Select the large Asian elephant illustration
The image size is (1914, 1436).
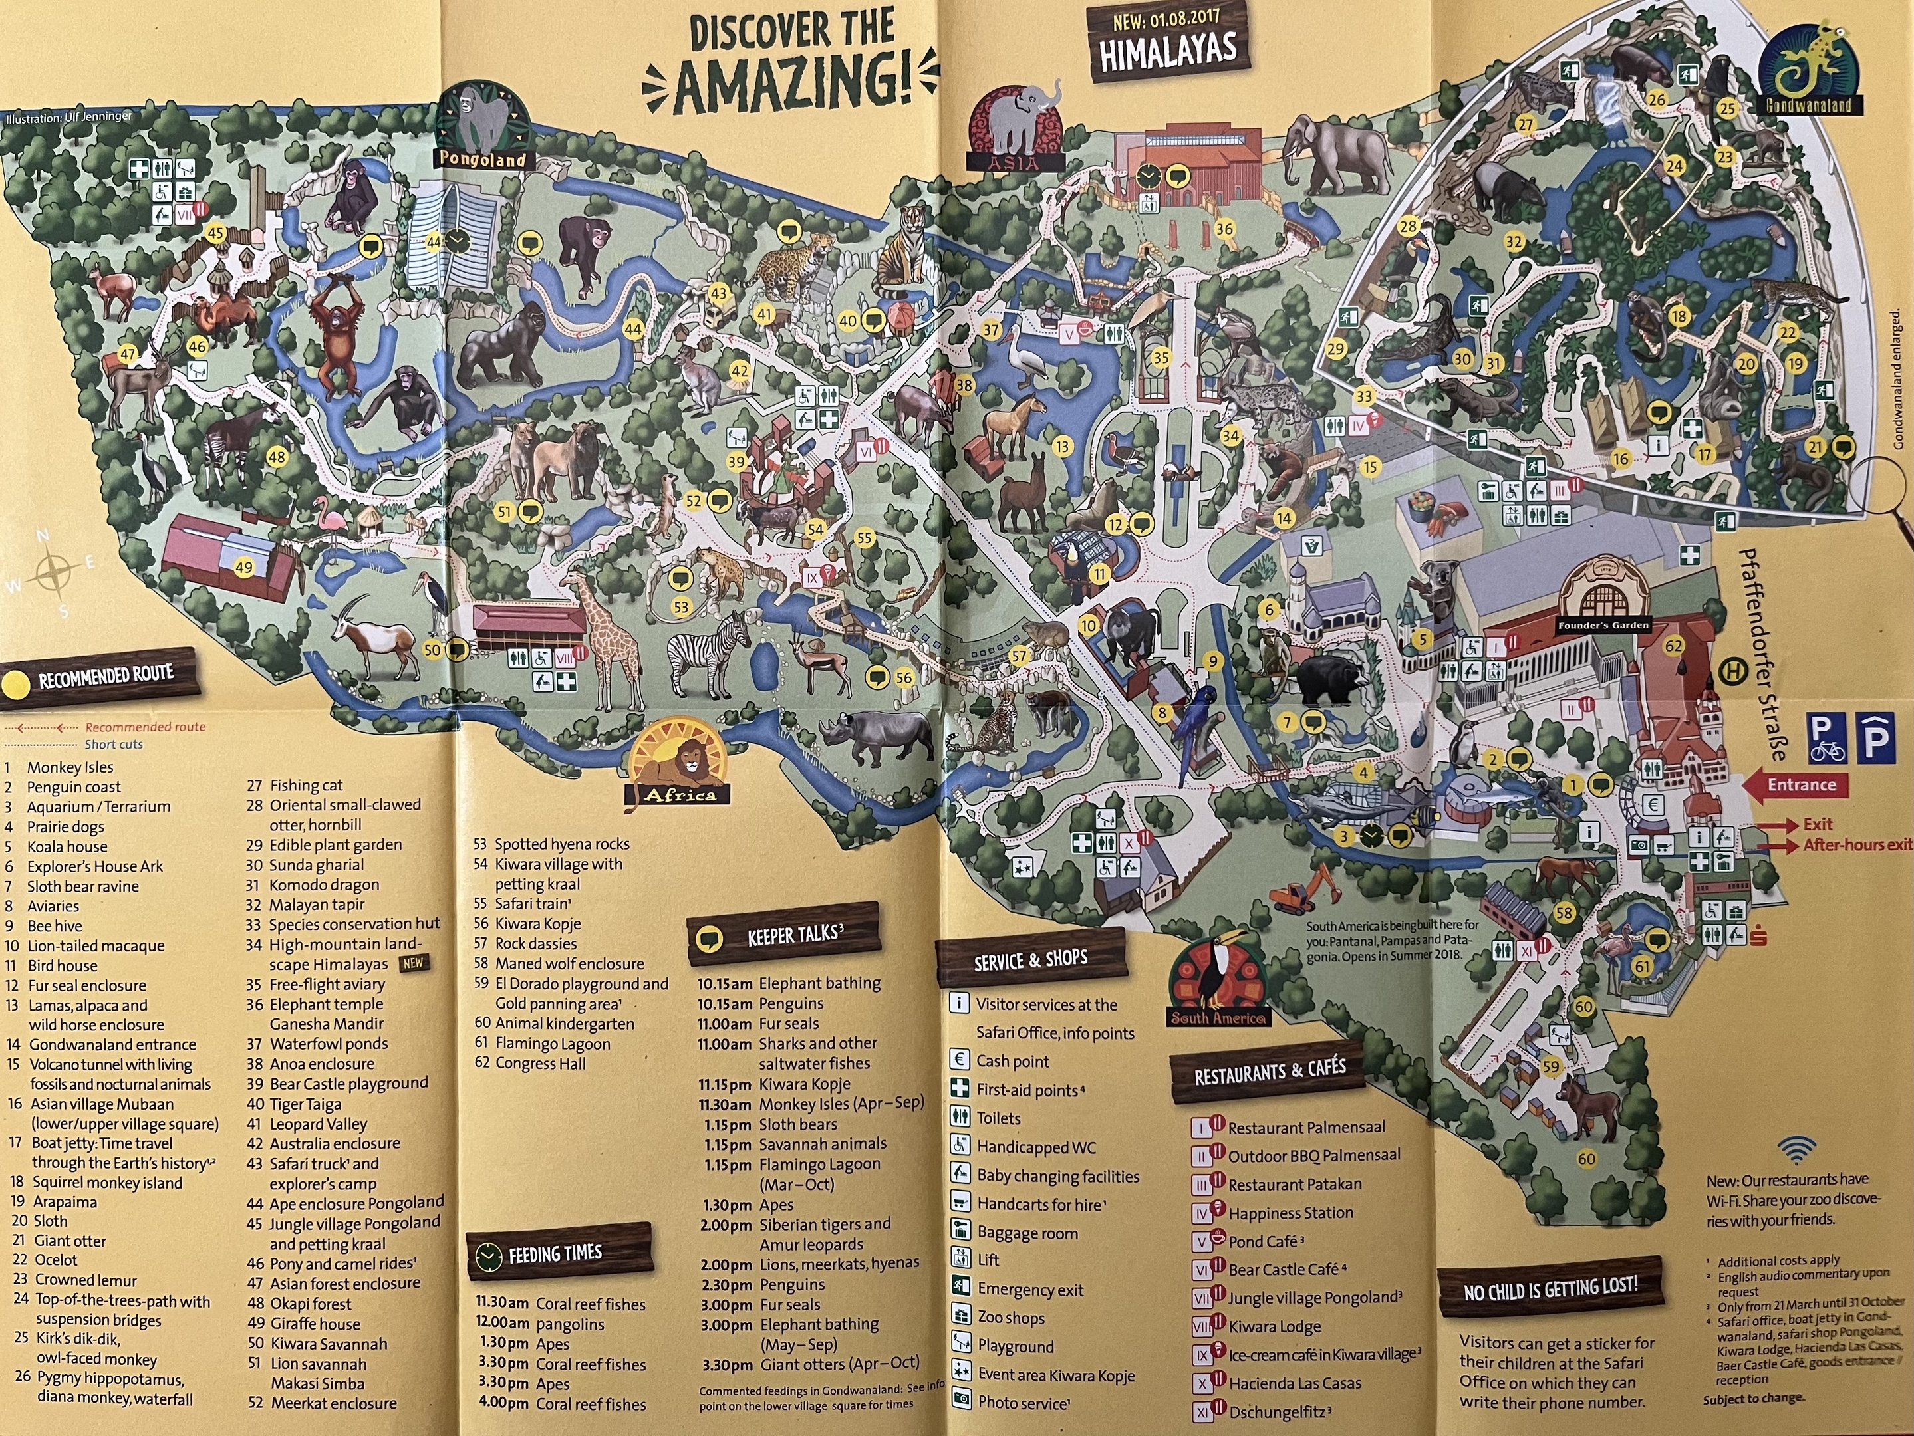tap(1337, 164)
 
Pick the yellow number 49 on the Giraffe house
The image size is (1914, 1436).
tap(244, 568)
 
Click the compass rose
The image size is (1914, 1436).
tap(54, 572)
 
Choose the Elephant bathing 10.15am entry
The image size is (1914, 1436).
tap(787, 983)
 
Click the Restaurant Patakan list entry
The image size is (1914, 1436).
tap(1294, 1184)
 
